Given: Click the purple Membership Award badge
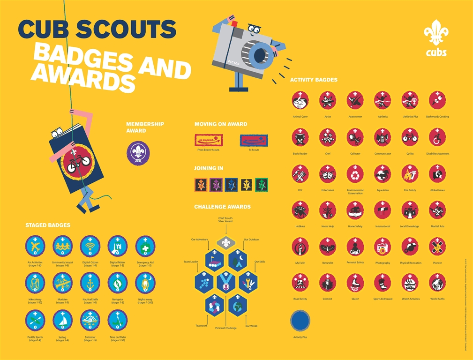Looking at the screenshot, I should point(138,153).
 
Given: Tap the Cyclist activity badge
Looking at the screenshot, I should point(410,137).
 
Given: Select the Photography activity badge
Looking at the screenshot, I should point(383,247).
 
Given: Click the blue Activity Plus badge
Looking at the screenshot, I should point(300,321).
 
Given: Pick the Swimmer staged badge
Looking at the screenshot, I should point(90,321).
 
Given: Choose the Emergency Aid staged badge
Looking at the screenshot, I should point(145,246).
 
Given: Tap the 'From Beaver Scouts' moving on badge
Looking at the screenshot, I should point(209,140).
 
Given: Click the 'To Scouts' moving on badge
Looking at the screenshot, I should point(254,140).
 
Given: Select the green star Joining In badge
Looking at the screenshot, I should point(261,185).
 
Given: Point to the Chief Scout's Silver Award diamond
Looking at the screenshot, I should point(226,243).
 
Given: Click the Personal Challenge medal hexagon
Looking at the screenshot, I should point(226,283).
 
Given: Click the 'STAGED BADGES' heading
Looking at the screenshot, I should point(48,225).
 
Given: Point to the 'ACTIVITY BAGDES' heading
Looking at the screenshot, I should point(314,80).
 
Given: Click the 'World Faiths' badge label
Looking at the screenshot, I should point(437,299).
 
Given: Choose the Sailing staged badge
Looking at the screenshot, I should point(62,321).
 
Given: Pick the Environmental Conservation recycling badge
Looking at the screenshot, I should point(355,174).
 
